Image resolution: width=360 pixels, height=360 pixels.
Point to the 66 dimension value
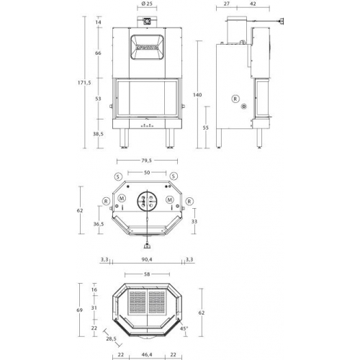tap(98, 53)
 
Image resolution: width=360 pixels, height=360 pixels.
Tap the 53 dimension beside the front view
tap(98, 99)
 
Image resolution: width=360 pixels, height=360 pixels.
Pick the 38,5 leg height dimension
tap(99, 134)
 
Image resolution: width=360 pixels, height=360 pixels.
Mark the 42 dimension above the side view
tap(253, 4)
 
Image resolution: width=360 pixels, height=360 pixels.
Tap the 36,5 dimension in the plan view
tap(98, 224)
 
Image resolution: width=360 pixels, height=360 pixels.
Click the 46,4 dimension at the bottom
tap(146, 354)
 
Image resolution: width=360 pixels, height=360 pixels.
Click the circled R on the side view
tap(235, 98)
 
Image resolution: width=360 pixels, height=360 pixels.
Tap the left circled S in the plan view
tap(118, 176)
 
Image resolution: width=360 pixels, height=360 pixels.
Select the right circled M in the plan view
tap(170, 199)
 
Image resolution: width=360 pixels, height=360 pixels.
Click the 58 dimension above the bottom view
tap(146, 275)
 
